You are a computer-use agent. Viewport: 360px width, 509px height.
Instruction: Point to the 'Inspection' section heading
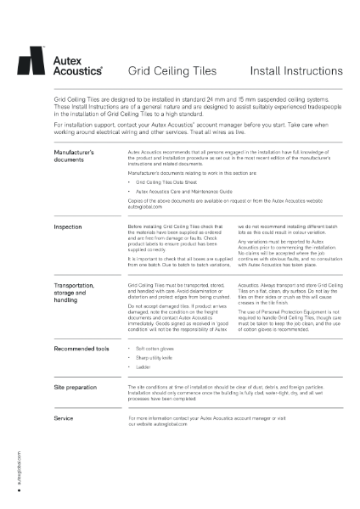click(x=68, y=204)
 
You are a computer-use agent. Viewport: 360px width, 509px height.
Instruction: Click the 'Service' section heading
click(x=64, y=418)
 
